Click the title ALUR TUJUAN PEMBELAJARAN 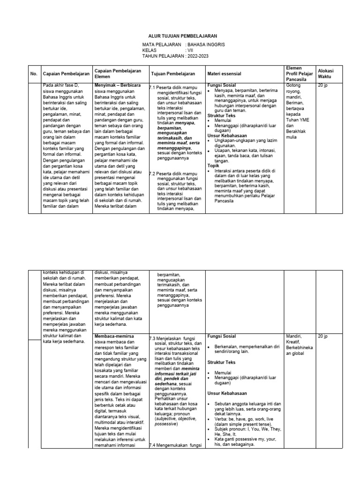click(x=180, y=36)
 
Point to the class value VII click(x=191, y=50)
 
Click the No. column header click(x=33, y=74)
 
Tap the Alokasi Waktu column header click(x=327, y=74)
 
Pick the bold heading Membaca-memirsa click(x=114, y=337)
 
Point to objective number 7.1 click(x=152, y=87)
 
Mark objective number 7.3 click(x=152, y=337)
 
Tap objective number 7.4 click(x=152, y=445)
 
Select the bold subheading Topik click(x=213, y=165)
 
